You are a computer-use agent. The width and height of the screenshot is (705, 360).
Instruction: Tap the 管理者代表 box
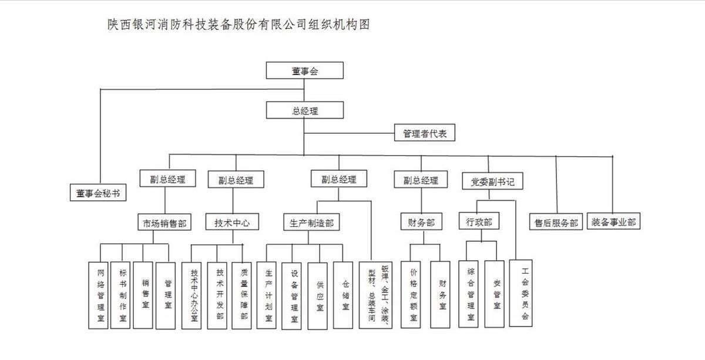pos(424,133)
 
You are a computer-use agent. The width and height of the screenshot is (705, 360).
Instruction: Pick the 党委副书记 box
pos(492,181)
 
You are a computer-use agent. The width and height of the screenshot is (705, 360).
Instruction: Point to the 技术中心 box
pos(232,223)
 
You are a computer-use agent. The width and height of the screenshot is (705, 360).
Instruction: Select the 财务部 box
pos(421,223)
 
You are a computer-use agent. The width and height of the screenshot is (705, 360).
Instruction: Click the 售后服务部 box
pos(555,223)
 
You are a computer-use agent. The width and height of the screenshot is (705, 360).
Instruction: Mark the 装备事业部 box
pos(613,222)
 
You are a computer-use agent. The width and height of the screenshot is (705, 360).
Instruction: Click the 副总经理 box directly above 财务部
pos(421,180)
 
